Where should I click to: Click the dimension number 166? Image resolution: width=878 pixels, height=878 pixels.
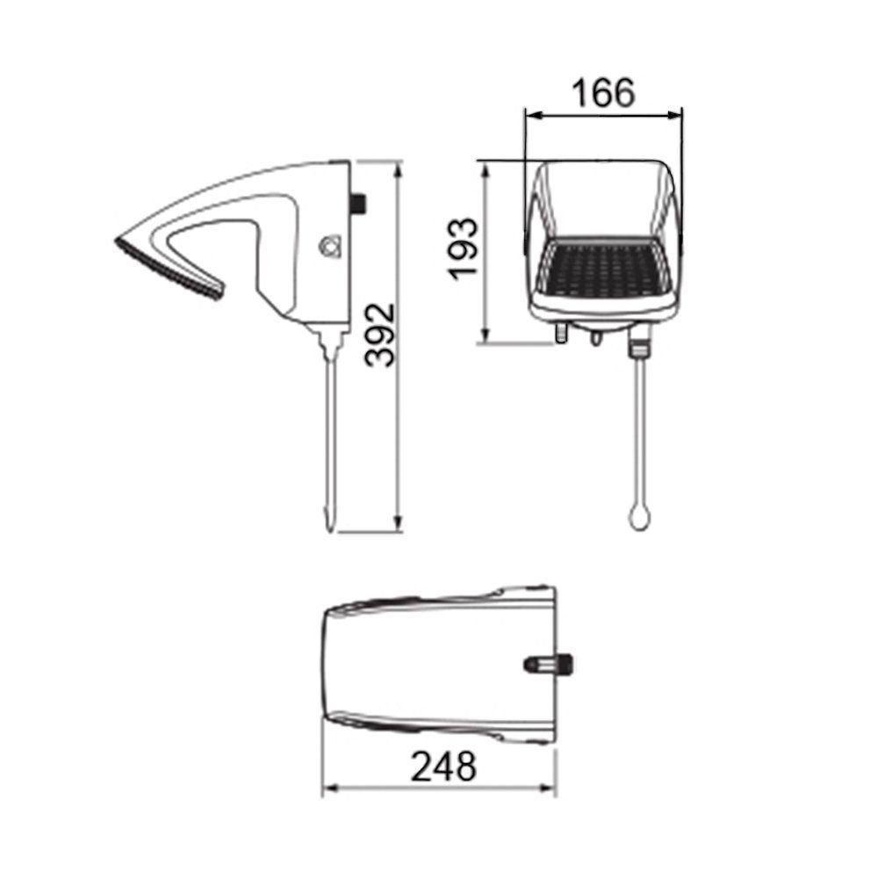602,93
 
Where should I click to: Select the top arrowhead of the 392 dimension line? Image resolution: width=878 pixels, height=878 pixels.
399,165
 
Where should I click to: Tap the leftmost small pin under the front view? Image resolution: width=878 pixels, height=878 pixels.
563,333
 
